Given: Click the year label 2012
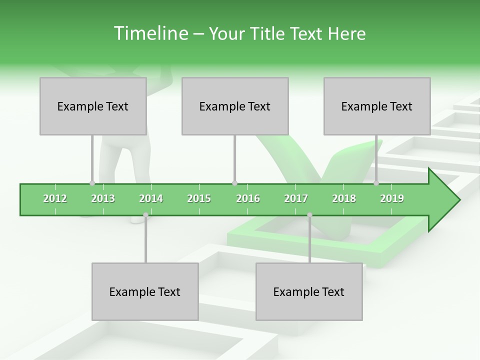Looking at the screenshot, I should (55, 198).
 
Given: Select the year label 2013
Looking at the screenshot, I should (103, 198).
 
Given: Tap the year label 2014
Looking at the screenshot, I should (151, 198).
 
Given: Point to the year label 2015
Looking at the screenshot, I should (199, 198).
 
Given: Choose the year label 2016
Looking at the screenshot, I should (248, 198).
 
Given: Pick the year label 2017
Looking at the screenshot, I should (296, 198).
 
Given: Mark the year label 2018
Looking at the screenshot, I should (344, 198).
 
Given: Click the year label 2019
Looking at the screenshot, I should (392, 198).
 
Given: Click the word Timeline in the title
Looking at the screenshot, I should (150, 33).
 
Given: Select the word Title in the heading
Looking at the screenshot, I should (269, 33).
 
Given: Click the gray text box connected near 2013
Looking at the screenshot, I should (93, 106).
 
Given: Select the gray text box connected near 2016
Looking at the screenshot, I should (235, 106).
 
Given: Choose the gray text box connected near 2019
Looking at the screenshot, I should (377, 106).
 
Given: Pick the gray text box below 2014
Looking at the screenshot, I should (145, 291).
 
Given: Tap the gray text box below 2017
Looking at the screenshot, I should (309, 291).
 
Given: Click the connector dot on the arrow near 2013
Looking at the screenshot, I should (92, 183).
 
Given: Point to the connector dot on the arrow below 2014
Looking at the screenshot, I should (145, 215).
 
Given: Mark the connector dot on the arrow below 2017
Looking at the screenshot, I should (309, 215).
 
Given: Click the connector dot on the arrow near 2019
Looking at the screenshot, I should (376, 183).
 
